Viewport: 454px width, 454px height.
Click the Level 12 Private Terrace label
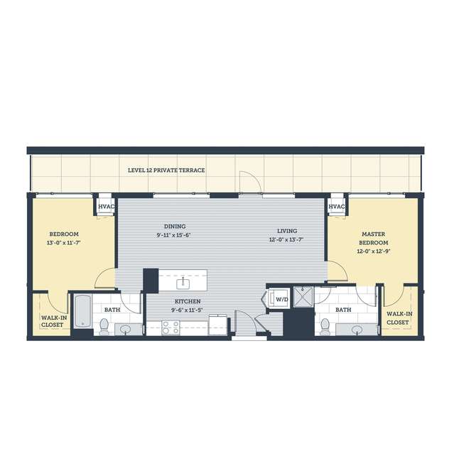tap(166, 171)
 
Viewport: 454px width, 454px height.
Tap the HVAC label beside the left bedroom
tap(107, 207)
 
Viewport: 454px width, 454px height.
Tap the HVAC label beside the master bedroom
tap(337, 207)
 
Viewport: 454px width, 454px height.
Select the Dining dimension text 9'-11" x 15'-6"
tap(173, 235)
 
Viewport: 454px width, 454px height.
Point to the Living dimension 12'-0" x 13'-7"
tap(286, 239)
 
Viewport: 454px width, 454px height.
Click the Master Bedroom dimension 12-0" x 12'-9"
tap(374, 252)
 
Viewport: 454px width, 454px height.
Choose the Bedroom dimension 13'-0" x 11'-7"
tap(64, 243)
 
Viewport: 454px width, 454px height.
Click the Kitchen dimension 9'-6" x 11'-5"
tap(187, 310)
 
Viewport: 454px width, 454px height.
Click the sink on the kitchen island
tap(183, 283)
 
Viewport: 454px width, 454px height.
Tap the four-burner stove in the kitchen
tap(171, 328)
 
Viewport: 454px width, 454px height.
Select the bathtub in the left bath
tap(83, 311)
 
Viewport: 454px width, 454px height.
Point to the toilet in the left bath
tap(104, 327)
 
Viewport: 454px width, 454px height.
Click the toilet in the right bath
tap(325, 327)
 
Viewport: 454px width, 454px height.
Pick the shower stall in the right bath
tap(303, 297)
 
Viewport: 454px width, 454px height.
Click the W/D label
tap(282, 299)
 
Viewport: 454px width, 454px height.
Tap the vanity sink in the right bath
tap(357, 329)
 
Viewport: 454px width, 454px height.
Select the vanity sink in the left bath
tap(125, 329)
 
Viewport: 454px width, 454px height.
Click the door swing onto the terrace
tap(251, 182)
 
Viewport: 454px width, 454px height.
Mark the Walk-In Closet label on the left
tap(54, 321)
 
